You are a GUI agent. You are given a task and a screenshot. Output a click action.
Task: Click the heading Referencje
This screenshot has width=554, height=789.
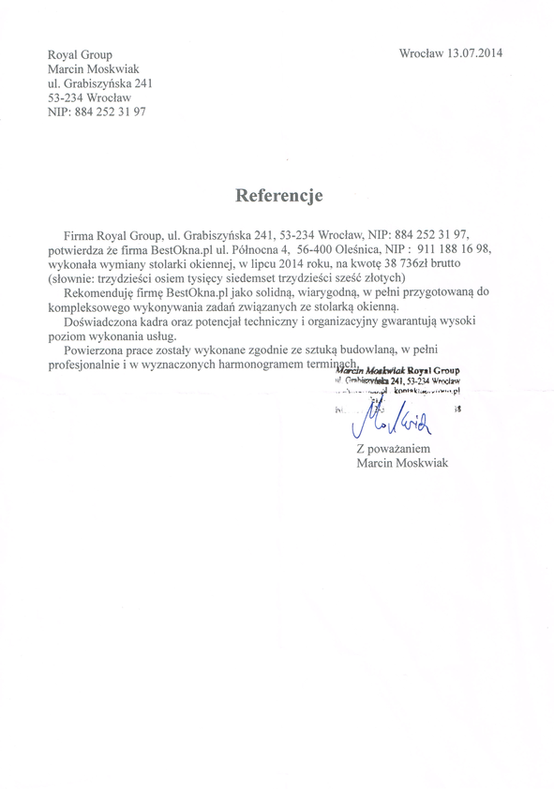coord(278,196)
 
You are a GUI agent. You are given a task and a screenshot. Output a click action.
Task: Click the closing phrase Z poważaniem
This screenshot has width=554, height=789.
coord(394,450)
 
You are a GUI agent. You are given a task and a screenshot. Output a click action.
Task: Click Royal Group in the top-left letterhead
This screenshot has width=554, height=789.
coord(80,55)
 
